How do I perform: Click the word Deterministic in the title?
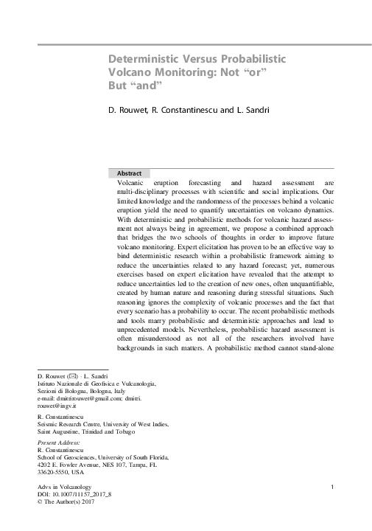(x=144, y=59)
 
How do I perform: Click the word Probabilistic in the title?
(x=248, y=59)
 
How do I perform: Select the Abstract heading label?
(x=130, y=173)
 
